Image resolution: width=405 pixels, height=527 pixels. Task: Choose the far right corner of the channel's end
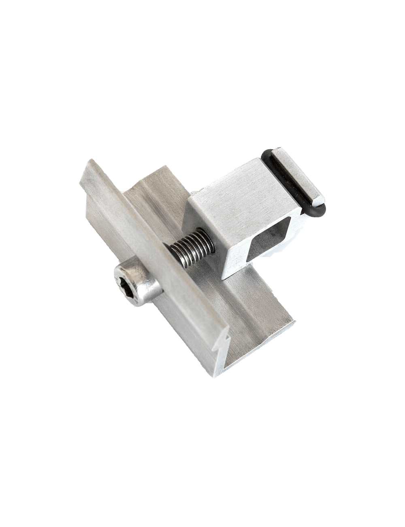coord(295,323)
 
